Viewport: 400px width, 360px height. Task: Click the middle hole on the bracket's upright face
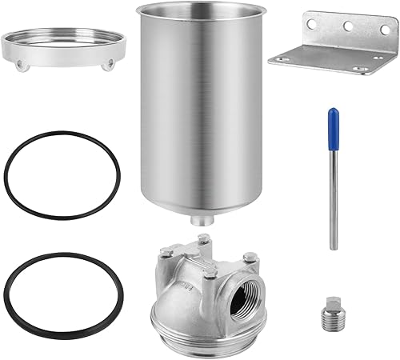(348, 26)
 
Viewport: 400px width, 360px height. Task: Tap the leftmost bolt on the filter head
(165, 252)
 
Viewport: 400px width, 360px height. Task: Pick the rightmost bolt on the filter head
(250, 256)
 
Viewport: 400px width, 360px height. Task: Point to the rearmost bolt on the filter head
(205, 238)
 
